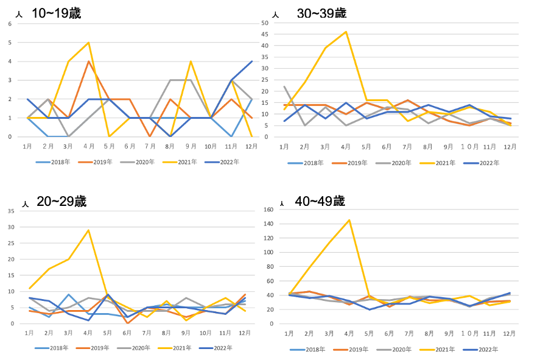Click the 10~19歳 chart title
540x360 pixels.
pos(56,13)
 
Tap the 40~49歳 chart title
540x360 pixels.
pos(320,201)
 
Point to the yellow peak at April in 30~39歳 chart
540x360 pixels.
pos(346,32)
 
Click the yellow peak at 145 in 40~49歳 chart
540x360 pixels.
pos(349,220)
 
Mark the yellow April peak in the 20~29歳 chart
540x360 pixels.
pos(89,230)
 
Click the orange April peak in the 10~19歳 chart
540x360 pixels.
pos(89,61)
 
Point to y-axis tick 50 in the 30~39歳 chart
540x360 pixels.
pos(265,23)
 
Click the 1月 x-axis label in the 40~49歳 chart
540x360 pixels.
pos(289,334)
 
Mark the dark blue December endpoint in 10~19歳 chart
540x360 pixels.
pos(251,61)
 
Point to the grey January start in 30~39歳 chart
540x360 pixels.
pos(284,86)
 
